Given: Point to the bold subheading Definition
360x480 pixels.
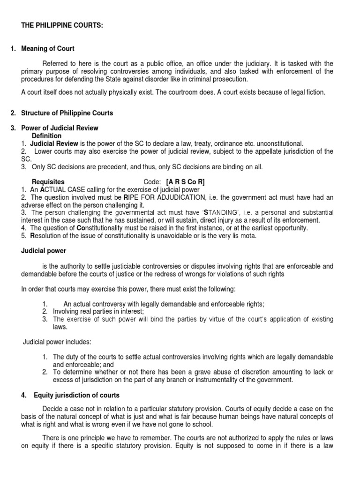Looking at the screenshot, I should point(46,135).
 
